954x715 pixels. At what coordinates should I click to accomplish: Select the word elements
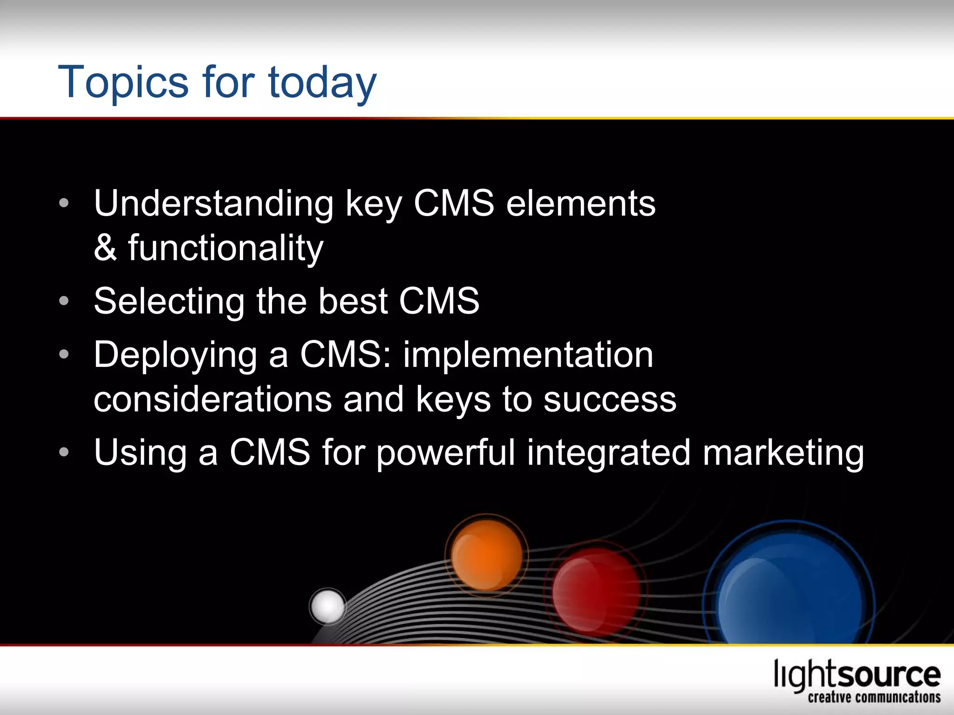pyautogui.click(x=581, y=204)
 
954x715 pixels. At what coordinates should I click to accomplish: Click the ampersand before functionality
pyautogui.click(x=105, y=248)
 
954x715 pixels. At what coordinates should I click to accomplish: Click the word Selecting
pyautogui.click(x=169, y=302)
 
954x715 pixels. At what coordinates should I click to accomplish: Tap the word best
pyautogui.click(x=353, y=301)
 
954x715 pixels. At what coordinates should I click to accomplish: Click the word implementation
pyautogui.click(x=528, y=355)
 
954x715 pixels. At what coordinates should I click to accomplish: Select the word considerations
pyautogui.click(x=212, y=399)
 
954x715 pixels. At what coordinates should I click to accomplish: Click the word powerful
pyautogui.click(x=445, y=453)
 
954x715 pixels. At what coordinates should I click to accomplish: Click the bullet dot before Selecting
pyautogui.click(x=64, y=301)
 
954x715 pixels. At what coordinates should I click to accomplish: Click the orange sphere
pyautogui.click(x=487, y=555)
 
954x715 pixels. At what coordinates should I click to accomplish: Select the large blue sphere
pyautogui.click(x=789, y=591)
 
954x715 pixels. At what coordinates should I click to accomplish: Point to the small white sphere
pyautogui.click(x=328, y=606)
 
